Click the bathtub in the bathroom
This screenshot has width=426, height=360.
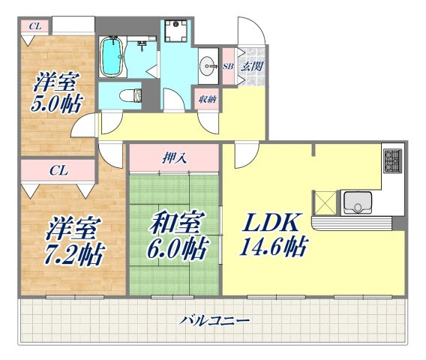click(112, 55)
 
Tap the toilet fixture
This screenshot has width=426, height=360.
click(130, 96)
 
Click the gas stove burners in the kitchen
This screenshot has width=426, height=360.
click(392, 160)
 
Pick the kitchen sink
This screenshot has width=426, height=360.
click(358, 202)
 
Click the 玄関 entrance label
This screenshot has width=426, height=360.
click(253, 66)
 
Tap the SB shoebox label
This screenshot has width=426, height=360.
click(228, 66)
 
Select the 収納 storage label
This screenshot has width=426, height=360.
click(207, 100)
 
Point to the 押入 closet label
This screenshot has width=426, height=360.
click(174, 158)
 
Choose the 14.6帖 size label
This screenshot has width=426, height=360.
click(274, 247)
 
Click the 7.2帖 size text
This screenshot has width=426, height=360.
click(74, 255)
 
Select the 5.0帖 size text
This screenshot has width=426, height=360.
click(56, 103)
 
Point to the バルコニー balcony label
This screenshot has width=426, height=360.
click(214, 320)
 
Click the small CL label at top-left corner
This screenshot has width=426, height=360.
click(35, 26)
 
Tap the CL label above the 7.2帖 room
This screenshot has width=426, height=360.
click(58, 171)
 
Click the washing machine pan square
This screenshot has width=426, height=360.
click(175, 31)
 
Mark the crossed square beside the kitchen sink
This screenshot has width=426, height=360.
click(325, 202)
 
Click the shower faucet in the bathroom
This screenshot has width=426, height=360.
click(142, 45)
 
